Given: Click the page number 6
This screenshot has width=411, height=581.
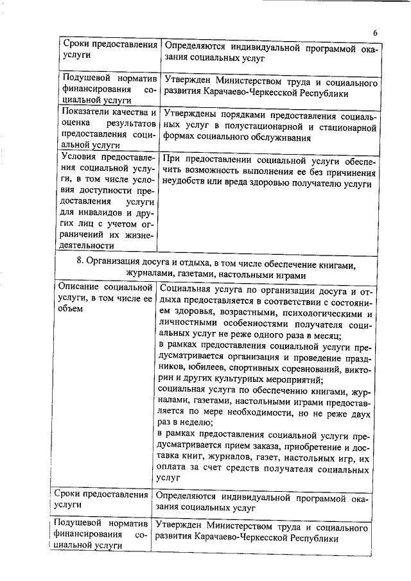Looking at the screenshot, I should click(x=376, y=33).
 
